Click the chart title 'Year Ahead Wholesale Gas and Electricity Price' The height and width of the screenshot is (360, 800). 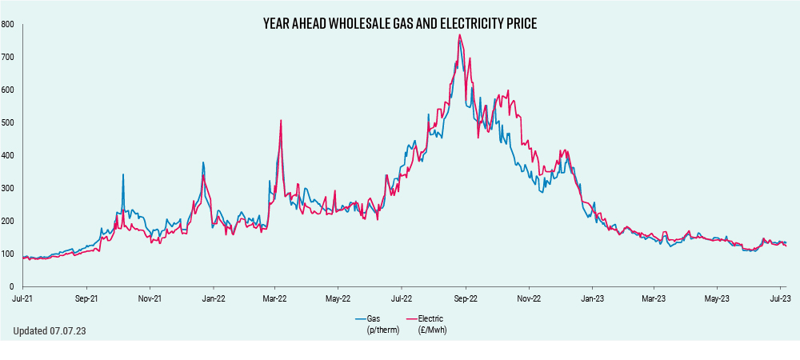coord(400,24)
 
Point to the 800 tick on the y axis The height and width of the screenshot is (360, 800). coord(7,25)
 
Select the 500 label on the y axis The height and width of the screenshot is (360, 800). coord(7,122)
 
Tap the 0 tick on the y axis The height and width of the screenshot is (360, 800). coord(12,286)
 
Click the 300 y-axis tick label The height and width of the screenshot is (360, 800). coord(7,188)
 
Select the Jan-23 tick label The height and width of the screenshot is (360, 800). coord(592,298)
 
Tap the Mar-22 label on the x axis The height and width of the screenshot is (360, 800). coord(275,298)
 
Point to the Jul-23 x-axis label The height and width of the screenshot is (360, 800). coord(780,298)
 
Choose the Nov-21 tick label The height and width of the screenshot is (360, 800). coord(150,298)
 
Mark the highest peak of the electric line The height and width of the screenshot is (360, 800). coord(459,35)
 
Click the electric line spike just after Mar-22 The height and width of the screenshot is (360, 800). coord(281,121)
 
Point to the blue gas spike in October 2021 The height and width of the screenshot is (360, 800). coord(123,174)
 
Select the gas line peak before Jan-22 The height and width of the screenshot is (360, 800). coord(203,163)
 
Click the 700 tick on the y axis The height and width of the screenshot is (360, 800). coord(7,58)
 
